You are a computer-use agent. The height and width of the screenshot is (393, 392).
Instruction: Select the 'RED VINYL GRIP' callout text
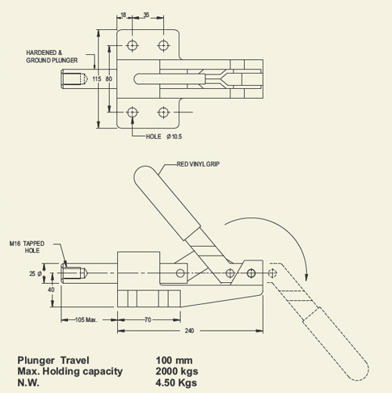tap(198, 164)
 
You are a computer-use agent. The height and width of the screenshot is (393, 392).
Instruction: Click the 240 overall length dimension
tap(190, 331)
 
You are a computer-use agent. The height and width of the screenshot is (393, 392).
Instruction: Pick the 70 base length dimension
tap(148, 319)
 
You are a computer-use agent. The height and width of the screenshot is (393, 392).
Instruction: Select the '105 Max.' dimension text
tap(86, 319)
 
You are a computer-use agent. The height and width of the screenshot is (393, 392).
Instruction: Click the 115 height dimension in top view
tap(97, 79)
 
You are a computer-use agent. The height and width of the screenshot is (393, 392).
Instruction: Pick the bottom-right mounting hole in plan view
tap(164, 112)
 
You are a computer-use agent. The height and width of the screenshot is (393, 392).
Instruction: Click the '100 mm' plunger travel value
tap(175, 360)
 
